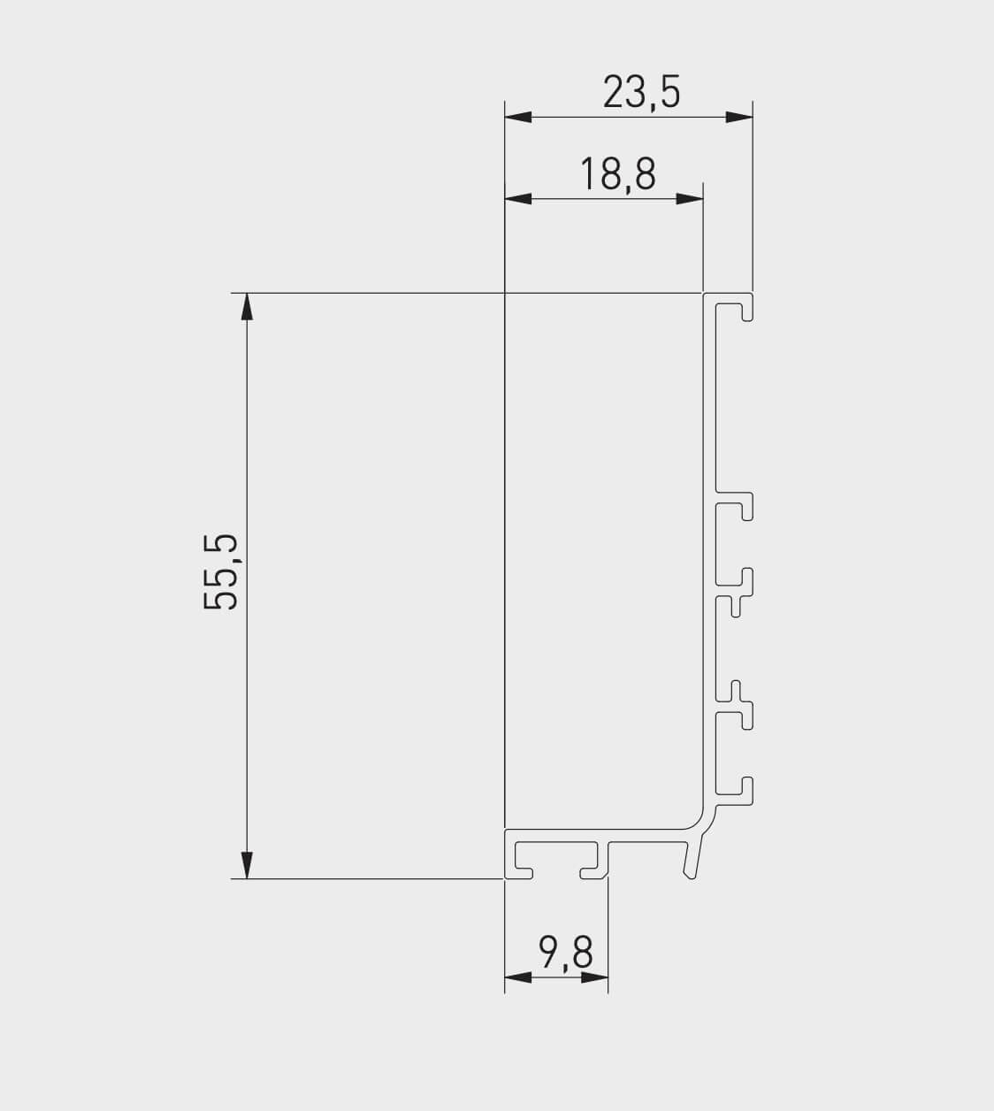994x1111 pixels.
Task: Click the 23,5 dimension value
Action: click(641, 92)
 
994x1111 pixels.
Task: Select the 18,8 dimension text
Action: click(618, 174)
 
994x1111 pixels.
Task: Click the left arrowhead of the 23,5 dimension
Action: click(517, 117)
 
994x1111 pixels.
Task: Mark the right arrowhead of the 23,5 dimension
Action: click(739, 117)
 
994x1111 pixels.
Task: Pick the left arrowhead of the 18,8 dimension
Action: click(517, 199)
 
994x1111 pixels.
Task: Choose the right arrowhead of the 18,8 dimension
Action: click(690, 199)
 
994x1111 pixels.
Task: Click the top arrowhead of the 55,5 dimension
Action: click(247, 306)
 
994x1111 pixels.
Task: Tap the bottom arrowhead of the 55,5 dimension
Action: click(247, 865)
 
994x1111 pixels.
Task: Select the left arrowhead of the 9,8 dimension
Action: click(518, 977)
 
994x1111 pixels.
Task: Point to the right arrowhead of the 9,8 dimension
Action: click(595, 977)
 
